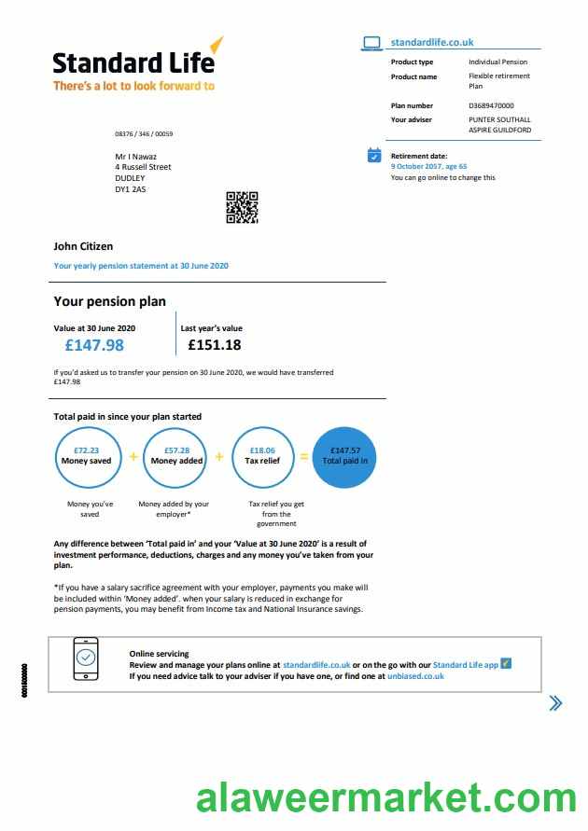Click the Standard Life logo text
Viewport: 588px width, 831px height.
point(133,62)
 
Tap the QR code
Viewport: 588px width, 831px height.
point(242,207)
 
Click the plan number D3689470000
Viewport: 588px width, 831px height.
point(491,106)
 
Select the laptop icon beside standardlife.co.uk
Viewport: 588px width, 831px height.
point(372,43)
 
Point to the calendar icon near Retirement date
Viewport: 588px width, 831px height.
point(374,156)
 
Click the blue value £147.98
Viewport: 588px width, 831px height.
point(94,345)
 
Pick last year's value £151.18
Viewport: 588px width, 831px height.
point(215,345)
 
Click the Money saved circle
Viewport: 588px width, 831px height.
point(87,456)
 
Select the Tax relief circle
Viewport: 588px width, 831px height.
point(262,456)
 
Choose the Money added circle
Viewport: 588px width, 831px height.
point(176,456)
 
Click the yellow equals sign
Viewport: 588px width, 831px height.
point(303,457)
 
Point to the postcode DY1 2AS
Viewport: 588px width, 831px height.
point(131,189)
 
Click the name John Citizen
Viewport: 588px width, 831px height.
point(83,246)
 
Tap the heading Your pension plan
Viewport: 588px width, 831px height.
point(109,301)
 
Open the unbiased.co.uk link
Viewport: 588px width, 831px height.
point(415,675)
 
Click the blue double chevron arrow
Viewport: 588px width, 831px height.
point(555,703)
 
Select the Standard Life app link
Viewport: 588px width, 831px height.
point(466,664)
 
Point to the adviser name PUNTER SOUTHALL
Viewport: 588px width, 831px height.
point(499,119)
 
